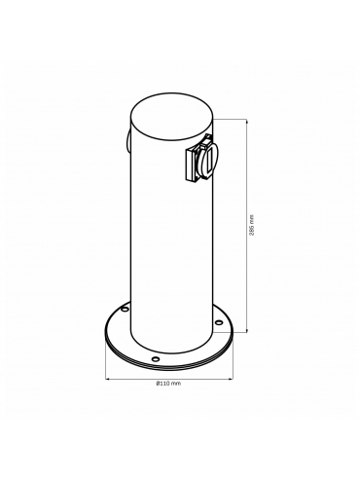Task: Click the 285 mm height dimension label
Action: tap(253, 225)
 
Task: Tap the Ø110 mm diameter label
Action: tap(168, 384)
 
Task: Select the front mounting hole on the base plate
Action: tap(156, 359)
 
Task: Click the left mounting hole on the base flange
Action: tap(125, 310)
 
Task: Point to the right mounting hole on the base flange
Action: tap(219, 322)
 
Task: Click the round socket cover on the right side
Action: tap(208, 160)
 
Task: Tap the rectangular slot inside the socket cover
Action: tap(209, 160)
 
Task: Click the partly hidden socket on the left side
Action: tap(128, 142)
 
